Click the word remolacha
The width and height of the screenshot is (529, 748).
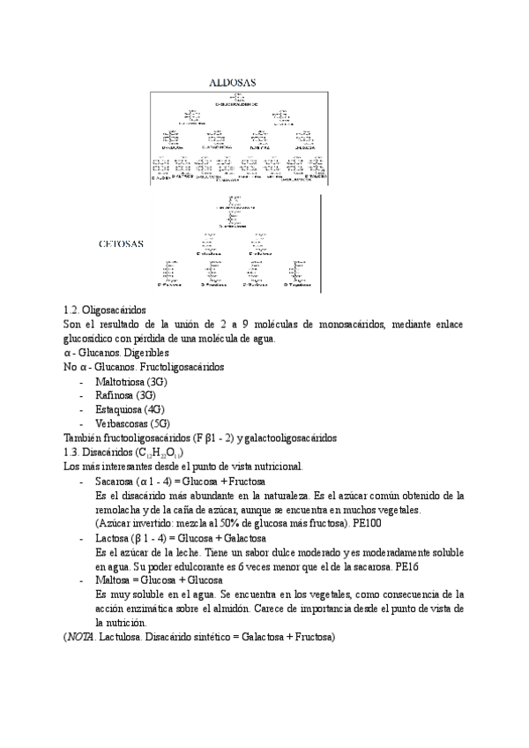(x=122, y=510)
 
